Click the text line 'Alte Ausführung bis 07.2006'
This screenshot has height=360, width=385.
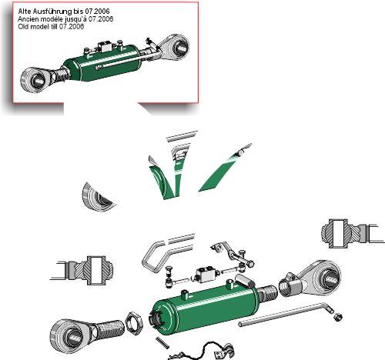click(64, 12)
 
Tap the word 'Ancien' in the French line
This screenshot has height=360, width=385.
click(28, 19)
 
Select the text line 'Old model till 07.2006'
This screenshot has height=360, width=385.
click(51, 26)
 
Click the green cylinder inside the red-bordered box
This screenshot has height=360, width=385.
click(102, 63)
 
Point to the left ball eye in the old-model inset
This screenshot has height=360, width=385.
click(36, 79)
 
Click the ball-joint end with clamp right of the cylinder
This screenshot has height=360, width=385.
click(310, 279)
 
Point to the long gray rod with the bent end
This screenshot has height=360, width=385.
click(285, 315)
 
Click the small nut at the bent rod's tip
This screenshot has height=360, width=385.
click(338, 317)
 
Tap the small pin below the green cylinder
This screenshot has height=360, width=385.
click(162, 342)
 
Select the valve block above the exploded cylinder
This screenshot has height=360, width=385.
click(206, 275)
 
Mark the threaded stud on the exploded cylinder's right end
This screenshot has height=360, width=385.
click(267, 293)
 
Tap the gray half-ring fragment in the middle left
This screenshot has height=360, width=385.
click(96, 198)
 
